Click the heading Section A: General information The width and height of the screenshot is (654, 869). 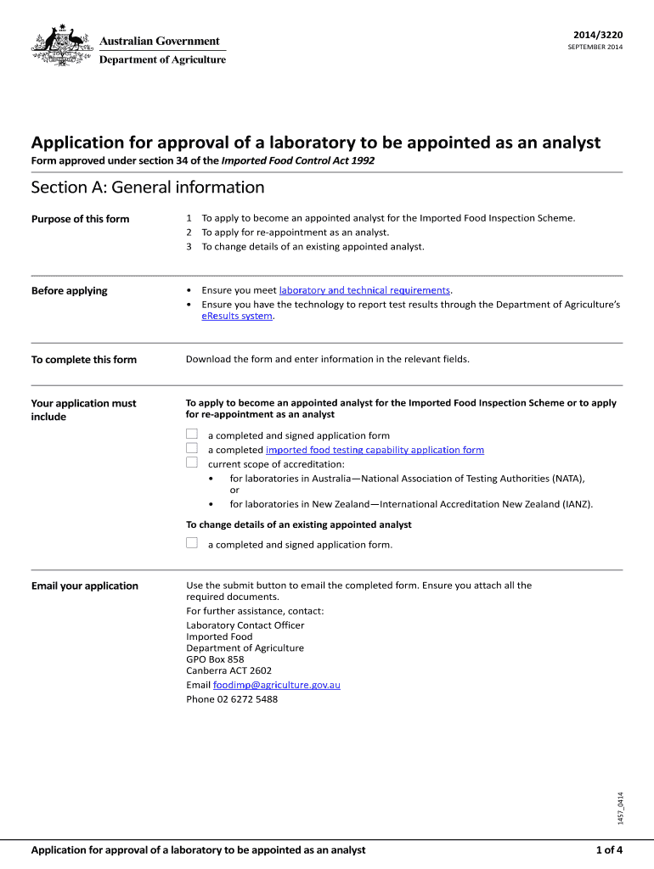pos(148,188)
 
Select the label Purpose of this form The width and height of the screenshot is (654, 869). pos(80,219)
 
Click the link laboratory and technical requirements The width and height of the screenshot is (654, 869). pos(364,290)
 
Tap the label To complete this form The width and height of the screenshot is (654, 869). pos(83,360)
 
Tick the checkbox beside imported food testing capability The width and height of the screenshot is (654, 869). pos(192,449)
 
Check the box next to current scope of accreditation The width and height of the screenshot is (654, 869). pos(192,463)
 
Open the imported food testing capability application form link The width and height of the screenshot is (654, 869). pos(375,450)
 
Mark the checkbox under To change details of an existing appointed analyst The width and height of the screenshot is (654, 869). pos(192,544)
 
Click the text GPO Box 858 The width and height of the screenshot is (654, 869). pos(215,659)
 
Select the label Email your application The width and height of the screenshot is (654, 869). pos(84,586)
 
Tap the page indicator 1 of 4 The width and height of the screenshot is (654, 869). pos(609,850)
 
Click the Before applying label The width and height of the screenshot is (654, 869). pos(69,291)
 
